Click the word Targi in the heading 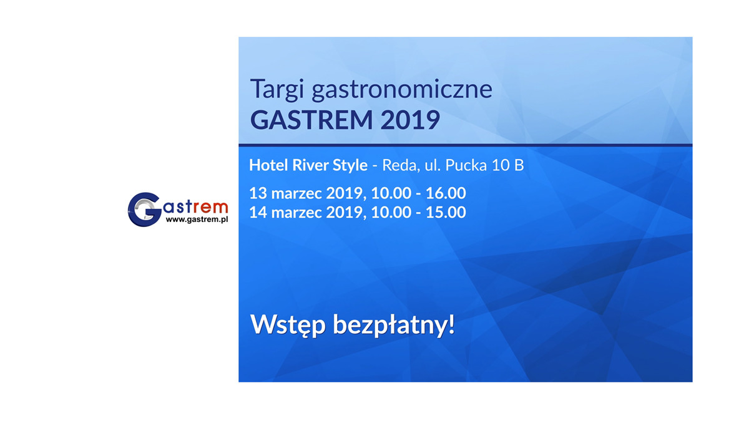click(x=277, y=89)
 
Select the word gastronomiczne click(x=402, y=90)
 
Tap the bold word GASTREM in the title click(x=311, y=120)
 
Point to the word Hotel click(x=268, y=165)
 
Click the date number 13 click(x=258, y=193)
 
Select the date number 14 click(x=258, y=213)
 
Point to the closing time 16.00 click(x=446, y=193)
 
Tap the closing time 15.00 click(x=446, y=213)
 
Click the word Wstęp click(x=288, y=325)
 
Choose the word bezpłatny click(x=394, y=325)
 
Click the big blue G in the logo click(x=144, y=210)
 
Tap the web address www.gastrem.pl click(x=197, y=220)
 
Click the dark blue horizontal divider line click(x=466, y=145)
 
